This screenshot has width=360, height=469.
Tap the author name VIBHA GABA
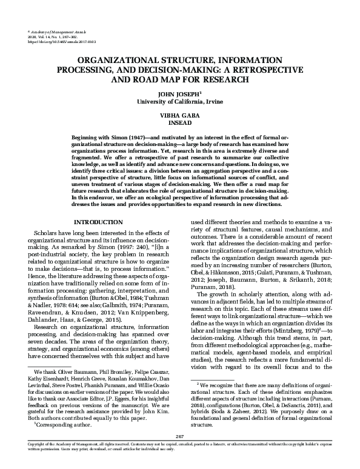click(x=180, y=114)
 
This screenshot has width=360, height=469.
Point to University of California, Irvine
click(x=180, y=101)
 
